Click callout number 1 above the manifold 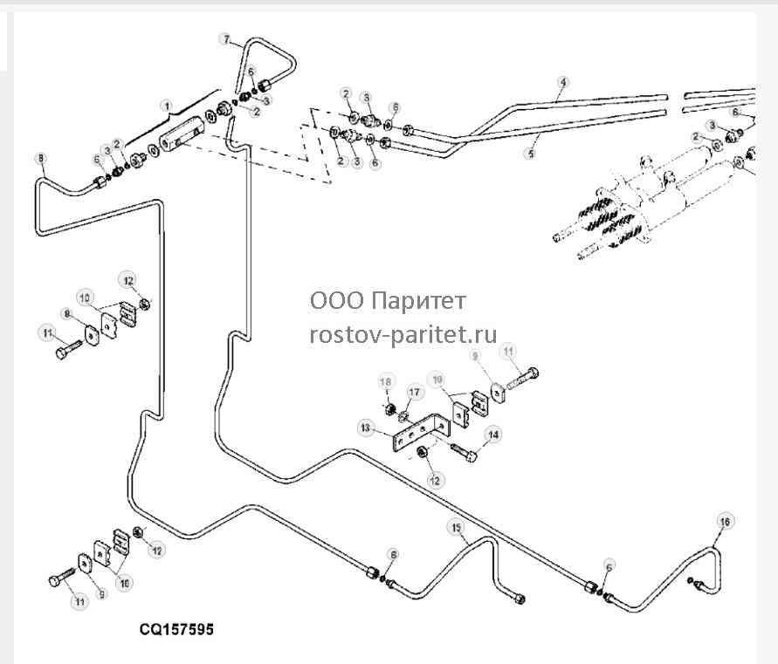click(167, 106)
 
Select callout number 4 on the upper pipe click(562, 82)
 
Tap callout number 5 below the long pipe click(531, 154)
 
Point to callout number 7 click(226, 39)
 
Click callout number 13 click(366, 428)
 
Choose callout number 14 click(493, 435)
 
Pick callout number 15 click(456, 528)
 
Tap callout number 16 click(725, 522)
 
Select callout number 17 click(414, 393)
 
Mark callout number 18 click(386, 382)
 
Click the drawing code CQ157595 click(176, 629)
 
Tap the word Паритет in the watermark click(419, 300)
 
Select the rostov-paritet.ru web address click(403, 334)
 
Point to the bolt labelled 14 click(465, 452)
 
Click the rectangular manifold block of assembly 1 click(182, 134)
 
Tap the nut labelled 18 click(391, 409)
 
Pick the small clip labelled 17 click(403, 413)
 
